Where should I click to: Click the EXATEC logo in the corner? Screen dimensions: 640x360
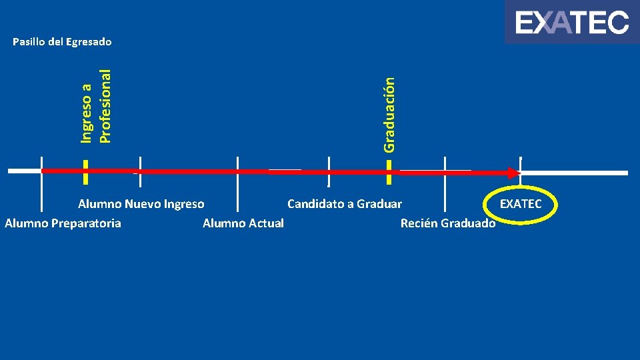pos(572,23)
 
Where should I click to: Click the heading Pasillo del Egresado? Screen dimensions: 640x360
pos(63,42)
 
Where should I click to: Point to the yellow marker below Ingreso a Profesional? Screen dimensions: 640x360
pos(85,171)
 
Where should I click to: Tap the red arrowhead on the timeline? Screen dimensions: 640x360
pos(513,173)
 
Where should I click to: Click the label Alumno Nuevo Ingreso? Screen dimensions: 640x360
pos(141,204)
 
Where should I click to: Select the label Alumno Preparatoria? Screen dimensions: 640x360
pos(63,223)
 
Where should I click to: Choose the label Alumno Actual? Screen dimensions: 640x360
pos(243,223)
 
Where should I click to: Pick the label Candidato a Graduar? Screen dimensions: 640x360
pos(345,204)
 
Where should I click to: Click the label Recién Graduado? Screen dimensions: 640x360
pos(448,223)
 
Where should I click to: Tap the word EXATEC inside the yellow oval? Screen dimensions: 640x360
pos(521,204)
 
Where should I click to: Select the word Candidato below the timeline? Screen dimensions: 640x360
pos(315,204)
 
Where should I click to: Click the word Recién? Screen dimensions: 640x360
pos(418,223)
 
